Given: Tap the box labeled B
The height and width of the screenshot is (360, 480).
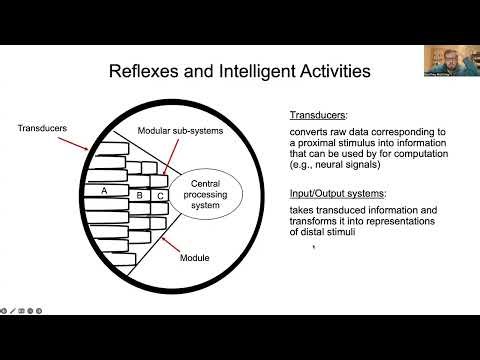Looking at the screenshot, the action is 141,196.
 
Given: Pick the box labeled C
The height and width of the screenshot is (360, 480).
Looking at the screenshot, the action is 160,197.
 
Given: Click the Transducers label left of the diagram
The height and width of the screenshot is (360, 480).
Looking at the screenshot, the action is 41,128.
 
